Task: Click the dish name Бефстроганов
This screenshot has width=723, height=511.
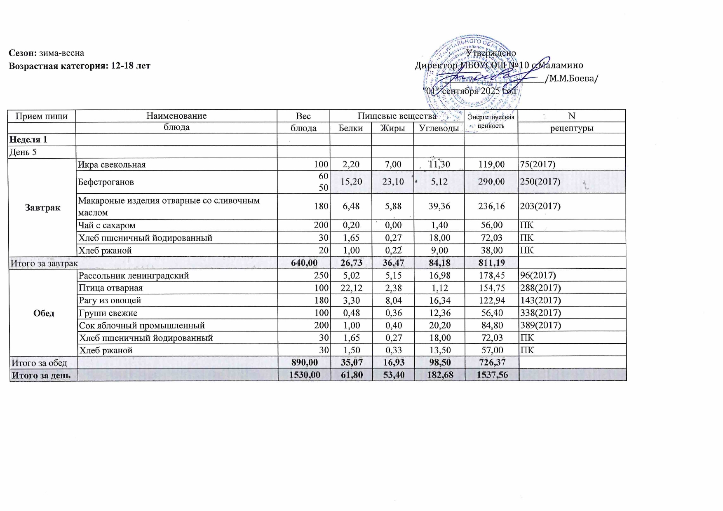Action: (x=106, y=182)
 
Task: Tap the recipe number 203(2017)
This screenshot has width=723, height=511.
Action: (x=540, y=206)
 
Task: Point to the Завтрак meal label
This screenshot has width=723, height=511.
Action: (x=42, y=207)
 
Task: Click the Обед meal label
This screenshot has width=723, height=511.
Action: (x=44, y=313)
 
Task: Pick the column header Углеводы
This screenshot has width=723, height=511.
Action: (x=439, y=128)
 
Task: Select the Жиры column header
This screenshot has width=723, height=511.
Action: (x=392, y=128)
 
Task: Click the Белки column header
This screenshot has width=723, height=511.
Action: (x=351, y=128)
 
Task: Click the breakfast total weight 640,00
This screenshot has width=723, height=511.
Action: (x=304, y=263)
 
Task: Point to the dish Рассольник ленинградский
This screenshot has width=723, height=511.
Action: (x=134, y=275)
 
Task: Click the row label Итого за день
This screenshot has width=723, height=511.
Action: (x=41, y=375)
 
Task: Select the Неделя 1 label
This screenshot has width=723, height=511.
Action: (x=28, y=140)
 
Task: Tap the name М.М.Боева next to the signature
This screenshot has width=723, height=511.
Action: (x=571, y=78)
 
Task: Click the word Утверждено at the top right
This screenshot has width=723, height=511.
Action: (x=491, y=53)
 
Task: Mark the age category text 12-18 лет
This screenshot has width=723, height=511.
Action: (x=131, y=66)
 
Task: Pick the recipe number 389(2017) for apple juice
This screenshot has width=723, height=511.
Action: (x=540, y=325)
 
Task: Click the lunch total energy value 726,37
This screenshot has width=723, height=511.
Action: (x=491, y=363)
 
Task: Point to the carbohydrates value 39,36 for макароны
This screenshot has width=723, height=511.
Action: (x=439, y=206)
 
